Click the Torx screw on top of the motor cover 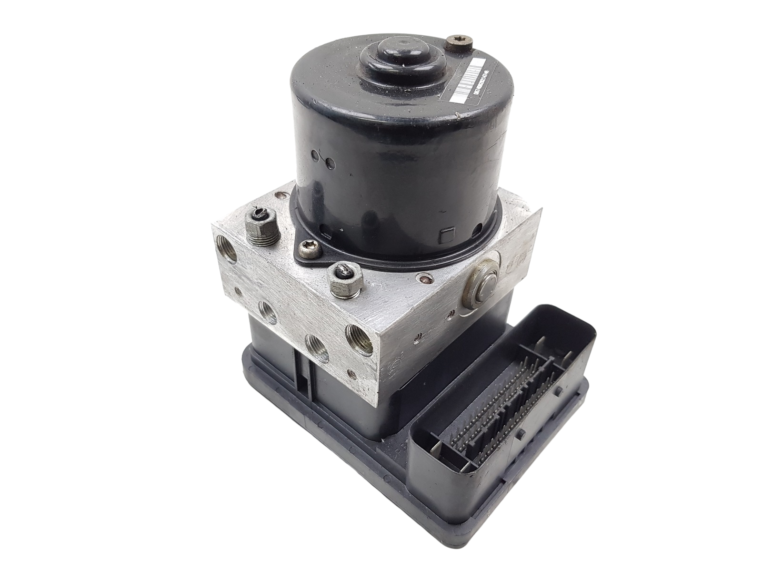(459, 48)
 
